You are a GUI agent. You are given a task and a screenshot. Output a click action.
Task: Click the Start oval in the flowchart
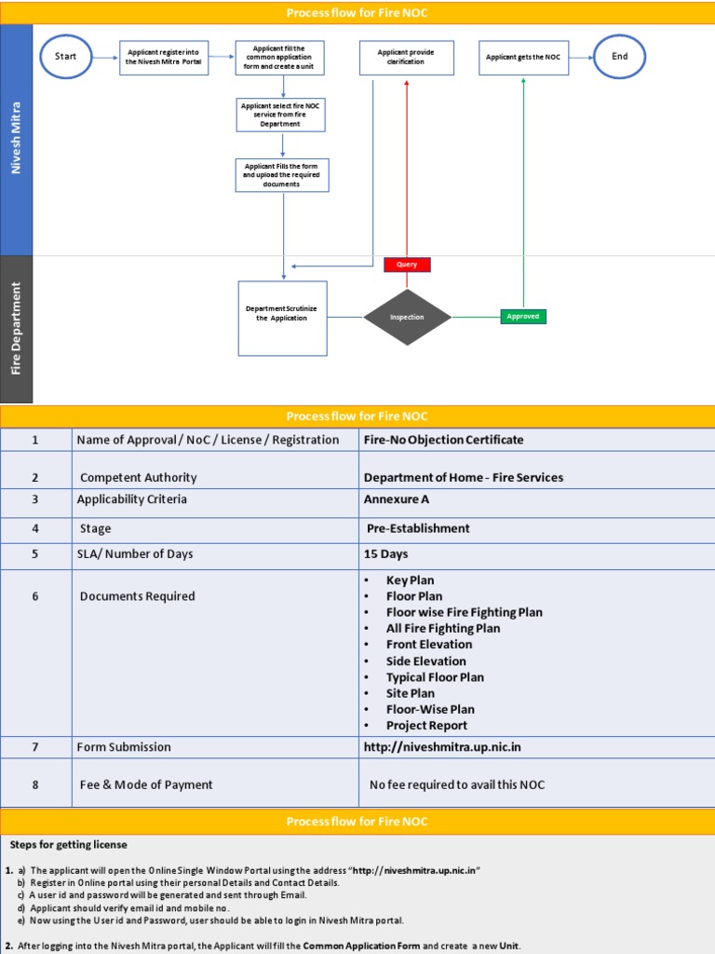click(x=66, y=57)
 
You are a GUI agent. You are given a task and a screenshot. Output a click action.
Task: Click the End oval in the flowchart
click(x=619, y=57)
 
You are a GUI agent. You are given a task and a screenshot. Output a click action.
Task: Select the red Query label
click(x=407, y=265)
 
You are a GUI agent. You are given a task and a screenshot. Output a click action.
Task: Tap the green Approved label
click(x=522, y=317)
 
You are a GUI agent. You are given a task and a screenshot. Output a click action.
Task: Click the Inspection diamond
click(x=407, y=318)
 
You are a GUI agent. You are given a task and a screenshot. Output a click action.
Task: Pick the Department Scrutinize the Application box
click(x=282, y=318)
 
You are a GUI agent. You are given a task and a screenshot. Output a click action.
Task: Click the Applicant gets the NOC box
click(x=523, y=57)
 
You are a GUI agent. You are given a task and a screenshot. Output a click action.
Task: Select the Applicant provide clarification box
click(x=406, y=57)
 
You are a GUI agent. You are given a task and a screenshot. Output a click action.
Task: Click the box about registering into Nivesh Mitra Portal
click(x=164, y=57)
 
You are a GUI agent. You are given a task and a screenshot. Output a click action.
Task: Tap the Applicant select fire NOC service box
click(x=281, y=115)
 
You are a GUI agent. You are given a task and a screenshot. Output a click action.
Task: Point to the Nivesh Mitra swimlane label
click(x=16, y=140)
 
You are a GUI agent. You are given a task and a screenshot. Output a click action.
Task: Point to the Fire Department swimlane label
click(x=16, y=329)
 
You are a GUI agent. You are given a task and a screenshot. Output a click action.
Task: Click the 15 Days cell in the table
click(x=386, y=554)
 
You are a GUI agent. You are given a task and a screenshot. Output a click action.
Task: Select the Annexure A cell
click(x=397, y=499)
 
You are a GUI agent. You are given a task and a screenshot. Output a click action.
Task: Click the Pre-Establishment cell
click(x=418, y=528)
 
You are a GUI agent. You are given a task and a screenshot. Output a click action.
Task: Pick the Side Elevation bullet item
click(x=425, y=661)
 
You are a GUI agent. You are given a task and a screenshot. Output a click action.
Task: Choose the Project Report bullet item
click(x=426, y=726)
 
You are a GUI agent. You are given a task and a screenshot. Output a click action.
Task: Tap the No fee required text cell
click(x=457, y=785)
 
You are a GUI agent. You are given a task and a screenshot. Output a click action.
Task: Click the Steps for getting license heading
click(x=69, y=845)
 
